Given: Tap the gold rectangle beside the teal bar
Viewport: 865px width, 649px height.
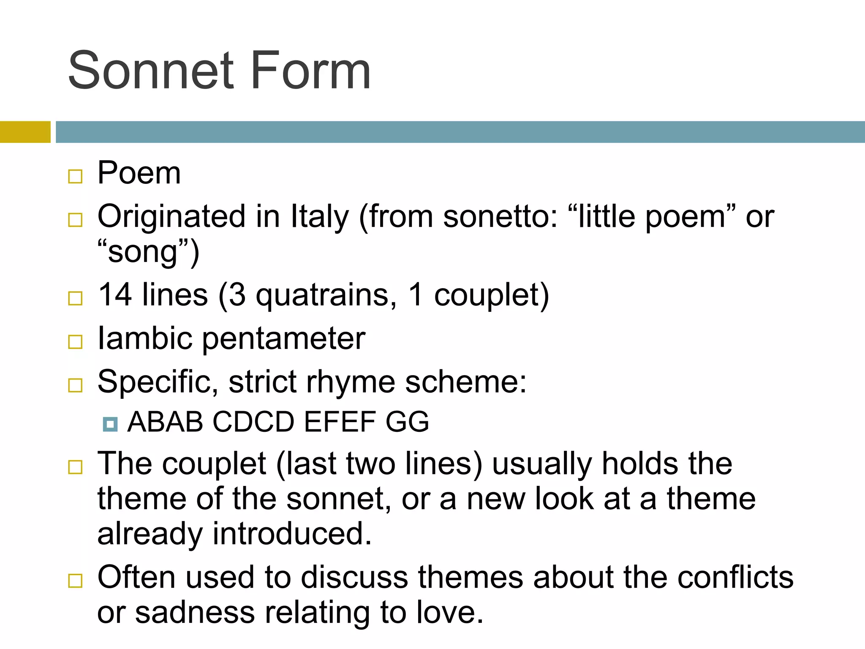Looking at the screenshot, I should click(x=25, y=132).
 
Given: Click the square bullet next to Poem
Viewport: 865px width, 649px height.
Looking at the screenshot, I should click(x=75, y=176).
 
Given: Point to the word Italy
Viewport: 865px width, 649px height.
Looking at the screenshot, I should click(x=320, y=216).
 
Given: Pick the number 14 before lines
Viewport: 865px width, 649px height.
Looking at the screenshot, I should click(x=114, y=295).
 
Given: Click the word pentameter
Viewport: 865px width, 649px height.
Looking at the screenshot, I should click(x=284, y=339).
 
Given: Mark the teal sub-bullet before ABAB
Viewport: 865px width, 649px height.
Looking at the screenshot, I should click(x=110, y=424).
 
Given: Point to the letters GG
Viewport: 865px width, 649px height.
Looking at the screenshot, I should click(x=407, y=422).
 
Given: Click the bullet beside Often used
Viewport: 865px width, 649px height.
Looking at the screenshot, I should click(x=75, y=581).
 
